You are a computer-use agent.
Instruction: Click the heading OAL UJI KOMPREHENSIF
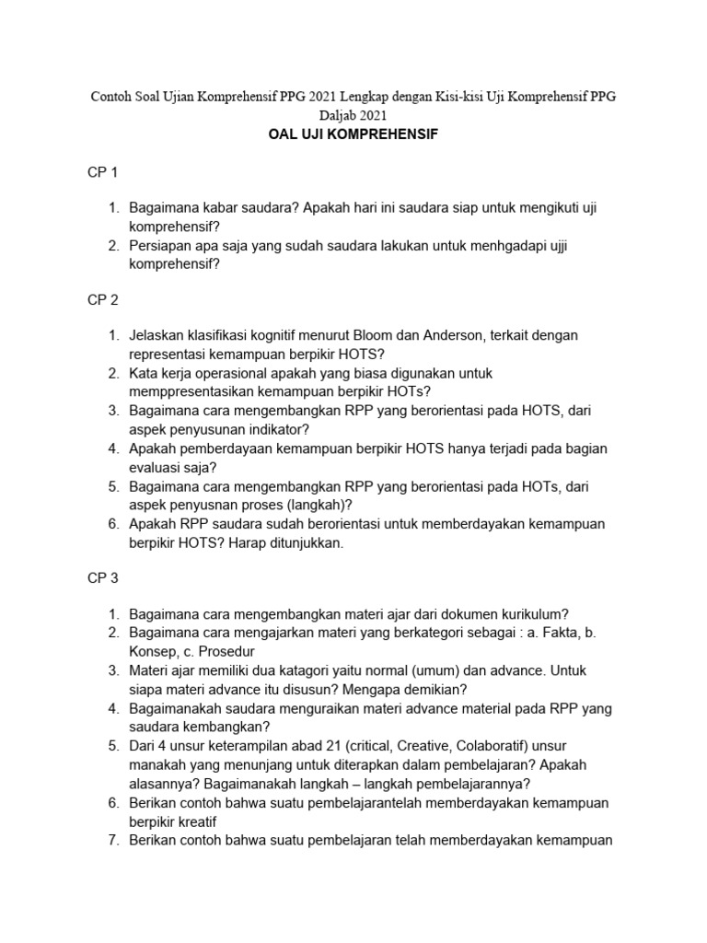pyautogui.click(x=353, y=134)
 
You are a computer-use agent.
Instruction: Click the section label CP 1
pyautogui.click(x=103, y=172)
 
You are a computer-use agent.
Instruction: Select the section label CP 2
pyautogui.click(x=103, y=299)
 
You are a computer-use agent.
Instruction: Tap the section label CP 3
pyautogui.click(x=103, y=577)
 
